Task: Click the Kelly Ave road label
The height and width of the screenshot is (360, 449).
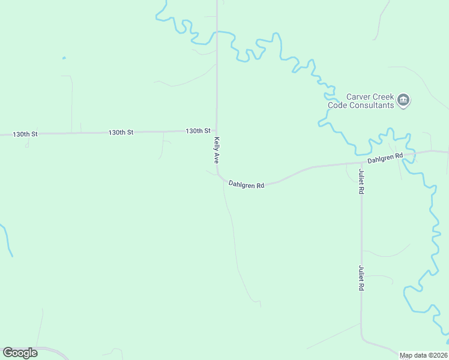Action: (x=217, y=150)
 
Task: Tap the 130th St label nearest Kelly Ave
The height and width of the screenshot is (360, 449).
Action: (x=198, y=131)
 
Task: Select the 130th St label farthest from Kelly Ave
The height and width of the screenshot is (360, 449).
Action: (x=25, y=134)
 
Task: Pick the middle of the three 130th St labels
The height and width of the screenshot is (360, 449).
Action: (x=121, y=131)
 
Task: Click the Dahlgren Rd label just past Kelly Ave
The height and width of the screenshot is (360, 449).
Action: (x=246, y=185)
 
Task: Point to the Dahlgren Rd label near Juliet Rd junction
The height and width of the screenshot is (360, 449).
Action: (x=385, y=158)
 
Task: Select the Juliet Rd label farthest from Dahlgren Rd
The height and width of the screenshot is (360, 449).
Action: (x=361, y=278)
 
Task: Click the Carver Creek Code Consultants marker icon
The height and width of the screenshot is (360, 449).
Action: (x=403, y=100)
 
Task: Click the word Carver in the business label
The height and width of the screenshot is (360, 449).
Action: (x=359, y=97)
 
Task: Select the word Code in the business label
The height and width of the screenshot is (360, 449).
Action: (x=337, y=105)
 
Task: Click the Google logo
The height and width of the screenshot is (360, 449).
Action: (x=20, y=353)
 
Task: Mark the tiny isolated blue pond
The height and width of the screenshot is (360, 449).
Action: (x=64, y=58)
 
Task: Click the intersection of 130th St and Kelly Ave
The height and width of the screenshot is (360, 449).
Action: (x=217, y=130)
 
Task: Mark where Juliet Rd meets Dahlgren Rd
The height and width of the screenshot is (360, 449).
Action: (x=361, y=163)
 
